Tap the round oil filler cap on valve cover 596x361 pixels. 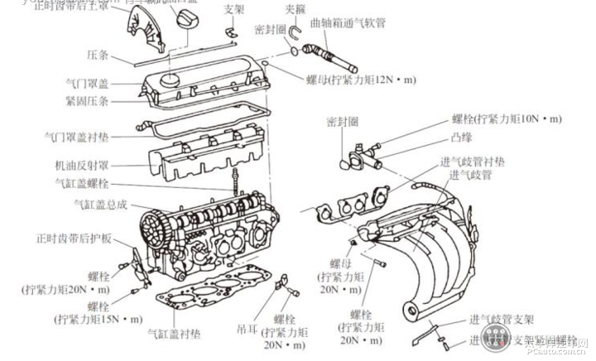[171, 80]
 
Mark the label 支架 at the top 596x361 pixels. [234, 10]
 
